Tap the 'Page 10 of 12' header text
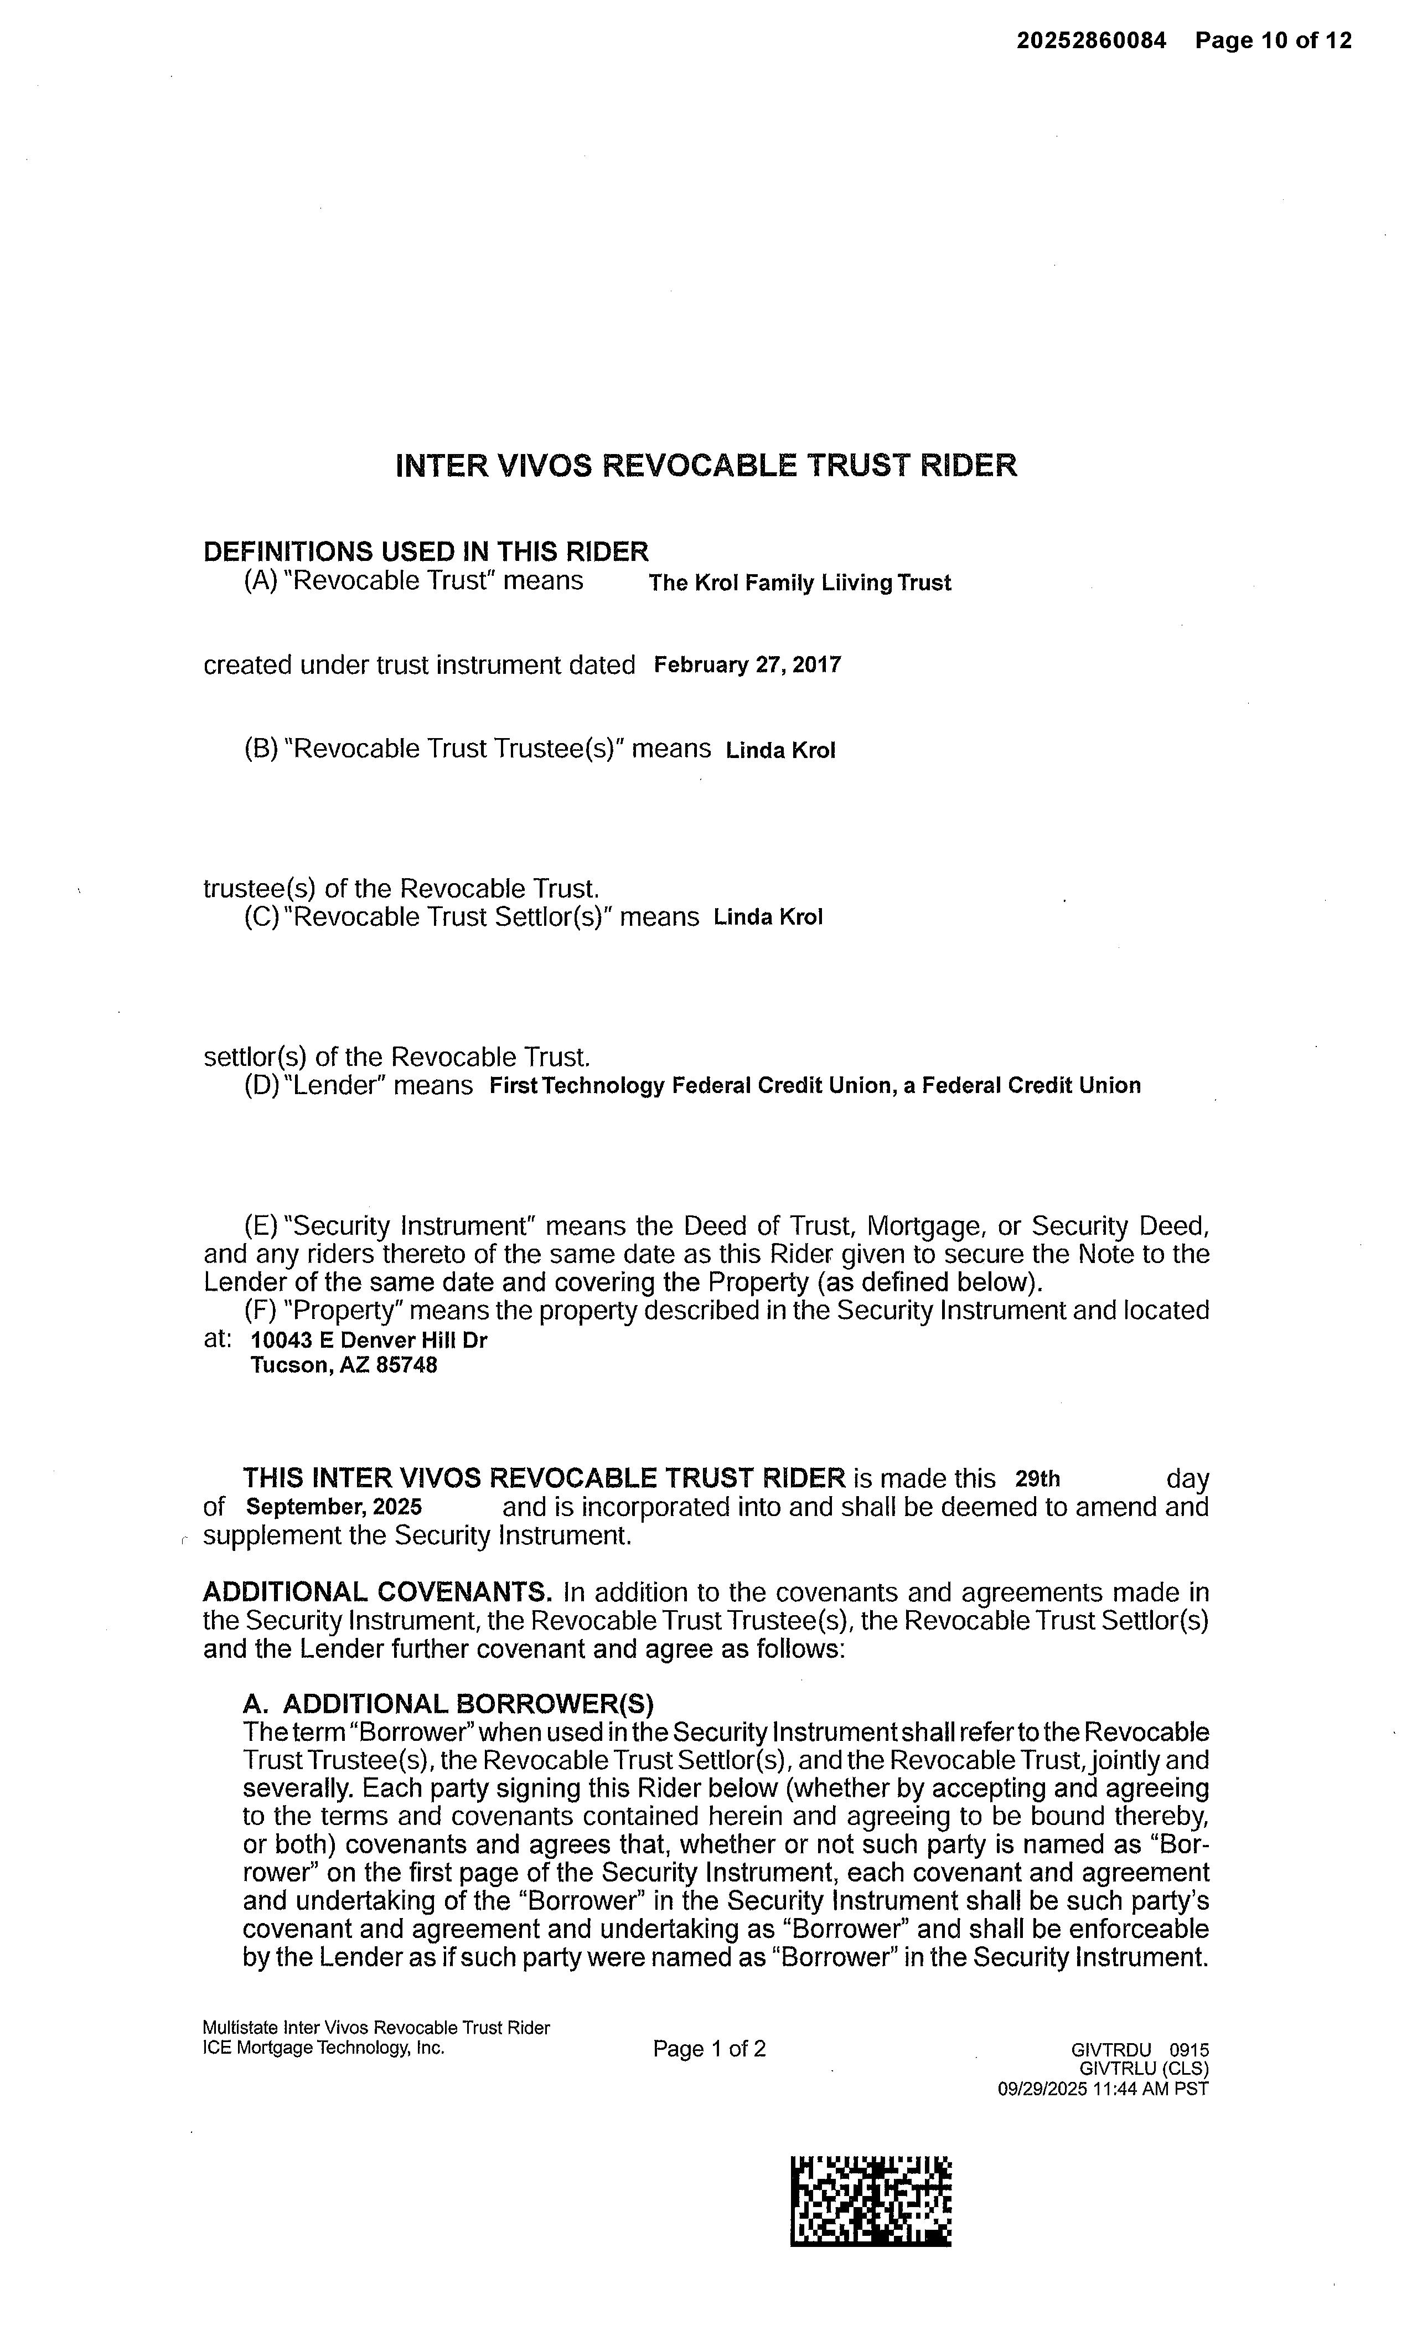click(x=1273, y=40)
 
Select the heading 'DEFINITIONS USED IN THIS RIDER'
click(x=426, y=551)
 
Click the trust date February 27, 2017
click(x=747, y=665)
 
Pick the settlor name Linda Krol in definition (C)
click(x=768, y=917)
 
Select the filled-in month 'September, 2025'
click(x=334, y=1507)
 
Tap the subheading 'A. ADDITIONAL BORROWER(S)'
click(x=448, y=1703)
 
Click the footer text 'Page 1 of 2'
click(x=709, y=2048)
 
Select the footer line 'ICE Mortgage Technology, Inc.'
click(x=323, y=2047)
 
